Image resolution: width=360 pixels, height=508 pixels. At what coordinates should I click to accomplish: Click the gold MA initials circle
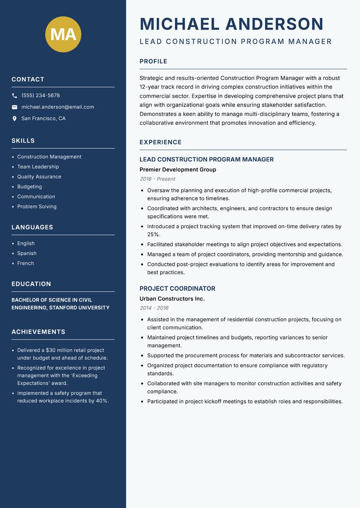(63, 34)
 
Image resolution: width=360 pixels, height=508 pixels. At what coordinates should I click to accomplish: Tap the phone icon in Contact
(14, 96)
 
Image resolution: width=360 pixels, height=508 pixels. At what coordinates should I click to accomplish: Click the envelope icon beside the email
(14, 107)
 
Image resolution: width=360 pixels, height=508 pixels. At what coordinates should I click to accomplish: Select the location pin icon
(14, 119)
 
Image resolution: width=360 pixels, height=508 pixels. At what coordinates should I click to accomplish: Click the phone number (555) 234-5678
(40, 96)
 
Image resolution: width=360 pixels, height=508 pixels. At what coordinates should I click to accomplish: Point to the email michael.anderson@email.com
(58, 107)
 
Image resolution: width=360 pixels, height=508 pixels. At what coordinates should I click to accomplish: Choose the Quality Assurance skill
(39, 177)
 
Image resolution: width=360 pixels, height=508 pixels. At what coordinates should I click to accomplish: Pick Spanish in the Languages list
(27, 253)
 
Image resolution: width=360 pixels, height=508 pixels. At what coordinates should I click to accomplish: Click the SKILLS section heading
(23, 141)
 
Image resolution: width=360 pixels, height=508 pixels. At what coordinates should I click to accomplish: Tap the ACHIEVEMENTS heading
(38, 332)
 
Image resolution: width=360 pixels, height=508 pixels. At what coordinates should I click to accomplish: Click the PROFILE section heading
(153, 62)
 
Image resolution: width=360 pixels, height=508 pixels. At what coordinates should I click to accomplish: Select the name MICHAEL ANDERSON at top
(232, 24)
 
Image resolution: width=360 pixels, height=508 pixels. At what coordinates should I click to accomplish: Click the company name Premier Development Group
(178, 169)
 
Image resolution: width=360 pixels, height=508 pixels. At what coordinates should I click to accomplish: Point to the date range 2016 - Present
(157, 179)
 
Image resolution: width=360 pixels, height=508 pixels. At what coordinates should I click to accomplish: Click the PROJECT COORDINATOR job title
(177, 289)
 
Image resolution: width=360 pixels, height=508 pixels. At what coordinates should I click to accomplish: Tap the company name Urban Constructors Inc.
(172, 299)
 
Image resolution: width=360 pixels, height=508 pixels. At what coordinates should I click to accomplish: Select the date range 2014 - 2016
(154, 308)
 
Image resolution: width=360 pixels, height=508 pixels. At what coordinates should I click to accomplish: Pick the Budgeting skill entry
(29, 187)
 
